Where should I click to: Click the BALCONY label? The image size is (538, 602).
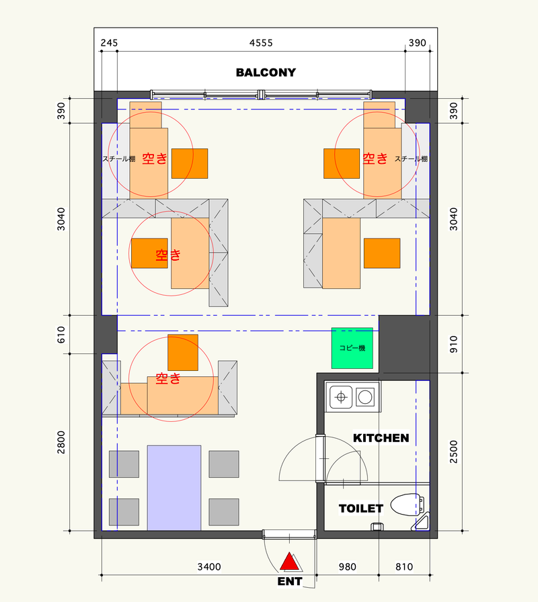pyautogui.click(x=266, y=73)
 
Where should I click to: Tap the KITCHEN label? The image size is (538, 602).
pyautogui.click(x=381, y=438)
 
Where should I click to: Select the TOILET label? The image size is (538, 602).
pyautogui.click(x=361, y=509)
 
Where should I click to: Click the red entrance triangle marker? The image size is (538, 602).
pyautogui.click(x=289, y=561)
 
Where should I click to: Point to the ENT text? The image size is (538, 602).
pyautogui.click(x=290, y=582)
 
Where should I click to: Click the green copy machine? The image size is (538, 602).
pyautogui.click(x=352, y=348)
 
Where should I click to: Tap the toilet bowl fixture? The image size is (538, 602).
pyautogui.click(x=408, y=505)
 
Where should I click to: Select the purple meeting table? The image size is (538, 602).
pyautogui.click(x=174, y=488)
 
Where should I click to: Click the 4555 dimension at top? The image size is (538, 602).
pyautogui.click(x=261, y=43)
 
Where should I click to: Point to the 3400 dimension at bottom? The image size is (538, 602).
pyautogui.click(x=209, y=566)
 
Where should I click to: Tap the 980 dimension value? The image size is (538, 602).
pyautogui.click(x=348, y=566)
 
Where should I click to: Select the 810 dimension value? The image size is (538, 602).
pyautogui.click(x=404, y=566)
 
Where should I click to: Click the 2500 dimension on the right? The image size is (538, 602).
pyautogui.click(x=454, y=452)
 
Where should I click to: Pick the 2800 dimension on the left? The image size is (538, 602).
pyautogui.click(x=61, y=442)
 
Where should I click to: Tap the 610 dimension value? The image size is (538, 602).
pyautogui.click(x=61, y=335)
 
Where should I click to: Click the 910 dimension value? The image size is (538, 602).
pyautogui.click(x=454, y=344)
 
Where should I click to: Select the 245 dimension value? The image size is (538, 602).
pyautogui.click(x=109, y=43)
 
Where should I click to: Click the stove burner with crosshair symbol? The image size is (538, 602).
pyautogui.click(x=341, y=397)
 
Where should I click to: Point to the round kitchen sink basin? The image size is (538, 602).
pyautogui.click(x=365, y=397)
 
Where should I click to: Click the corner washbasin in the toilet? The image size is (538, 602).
pyautogui.click(x=422, y=523)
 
